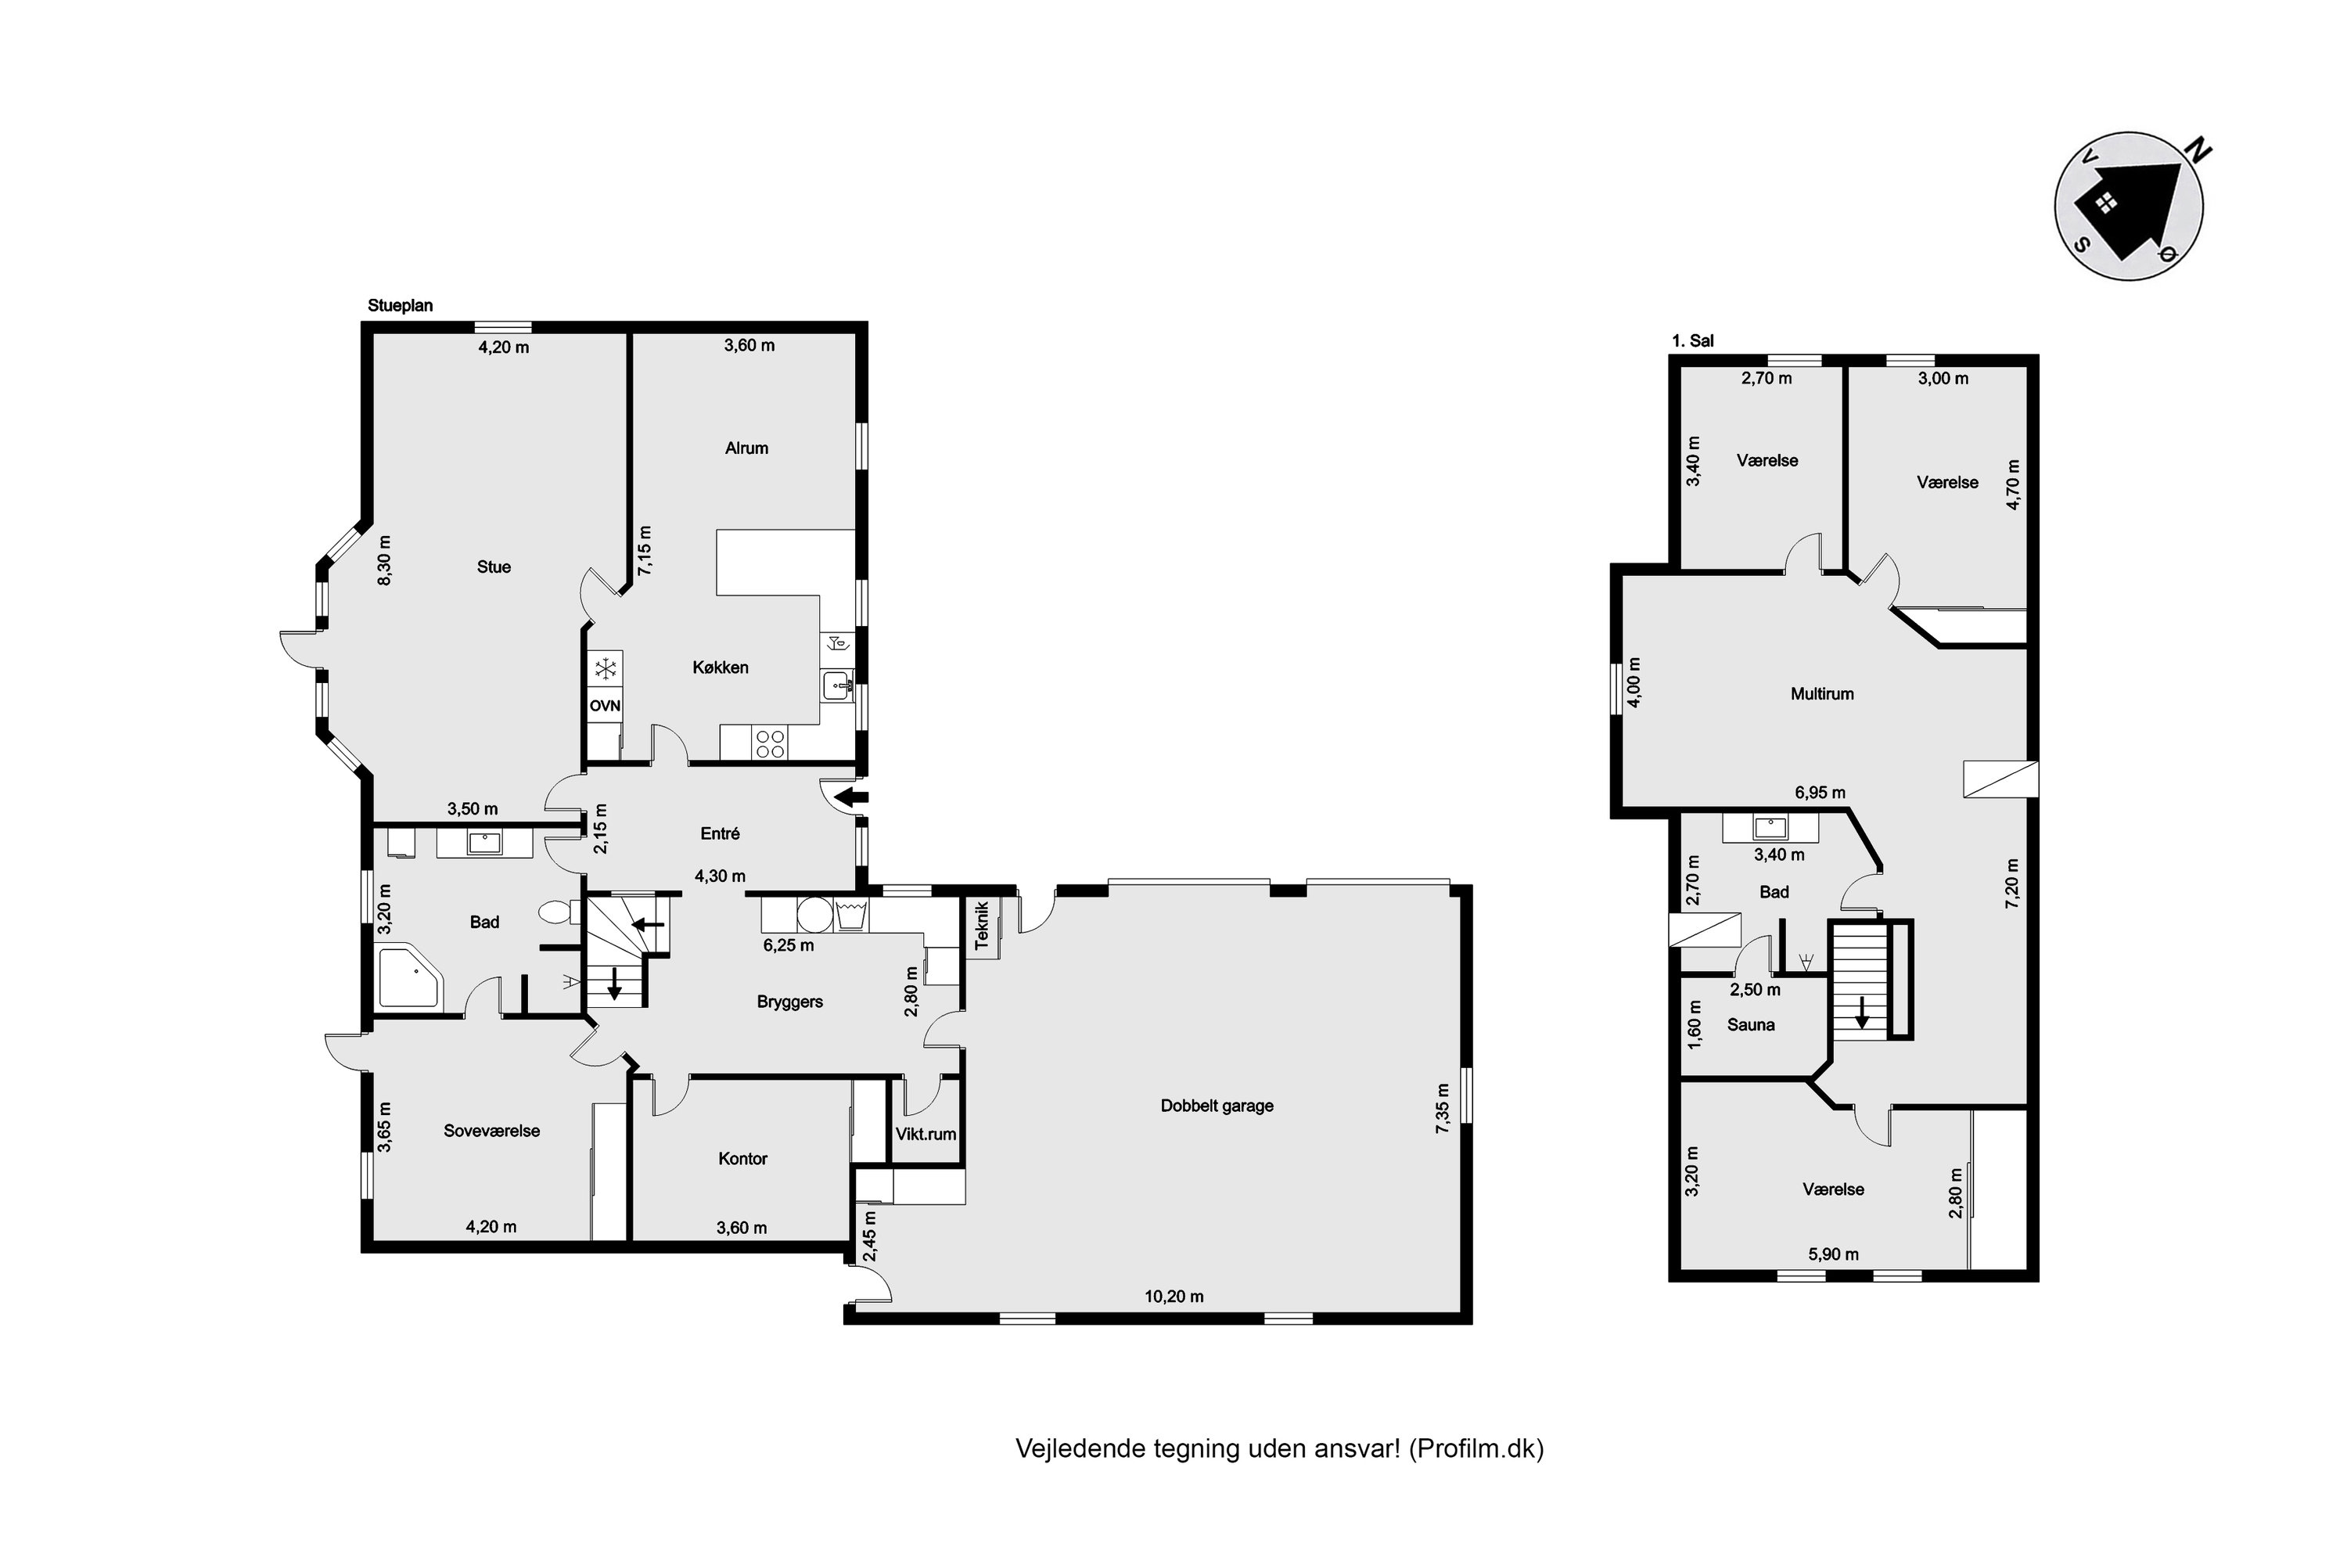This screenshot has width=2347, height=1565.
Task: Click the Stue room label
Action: (493, 567)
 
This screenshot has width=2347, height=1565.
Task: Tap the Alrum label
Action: (746, 448)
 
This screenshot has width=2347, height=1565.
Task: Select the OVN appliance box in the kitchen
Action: (605, 706)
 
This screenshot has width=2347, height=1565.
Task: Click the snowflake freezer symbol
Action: (605, 667)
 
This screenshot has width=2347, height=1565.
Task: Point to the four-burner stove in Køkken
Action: (771, 743)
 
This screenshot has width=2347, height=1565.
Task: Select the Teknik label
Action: (982, 925)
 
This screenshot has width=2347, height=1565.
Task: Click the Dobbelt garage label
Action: (1217, 1106)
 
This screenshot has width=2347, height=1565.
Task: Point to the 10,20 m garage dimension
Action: (1173, 1297)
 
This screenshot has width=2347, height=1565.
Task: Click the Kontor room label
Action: (742, 1159)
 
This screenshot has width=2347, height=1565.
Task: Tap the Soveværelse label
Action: (491, 1131)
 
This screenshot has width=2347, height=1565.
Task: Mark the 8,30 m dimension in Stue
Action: (384, 560)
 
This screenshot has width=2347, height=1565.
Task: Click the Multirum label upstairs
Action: (1822, 693)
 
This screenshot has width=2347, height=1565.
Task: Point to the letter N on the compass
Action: (2198, 152)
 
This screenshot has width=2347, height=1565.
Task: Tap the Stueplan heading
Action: (400, 305)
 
